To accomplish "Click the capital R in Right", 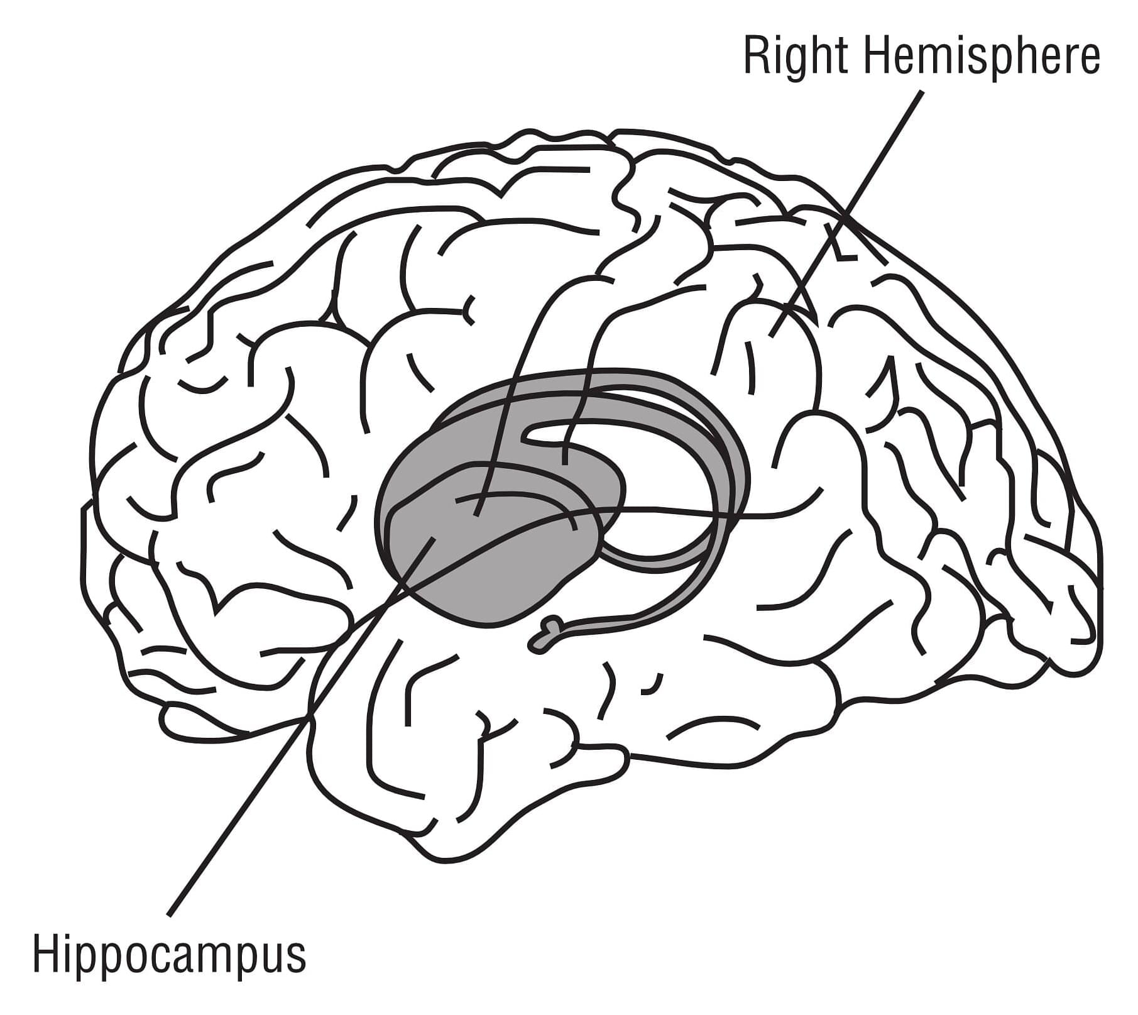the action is click(755, 55).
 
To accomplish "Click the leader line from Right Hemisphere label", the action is click(847, 213).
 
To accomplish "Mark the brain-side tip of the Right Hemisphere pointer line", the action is click(772, 335).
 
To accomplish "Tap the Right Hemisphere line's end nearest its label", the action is click(923, 92).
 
